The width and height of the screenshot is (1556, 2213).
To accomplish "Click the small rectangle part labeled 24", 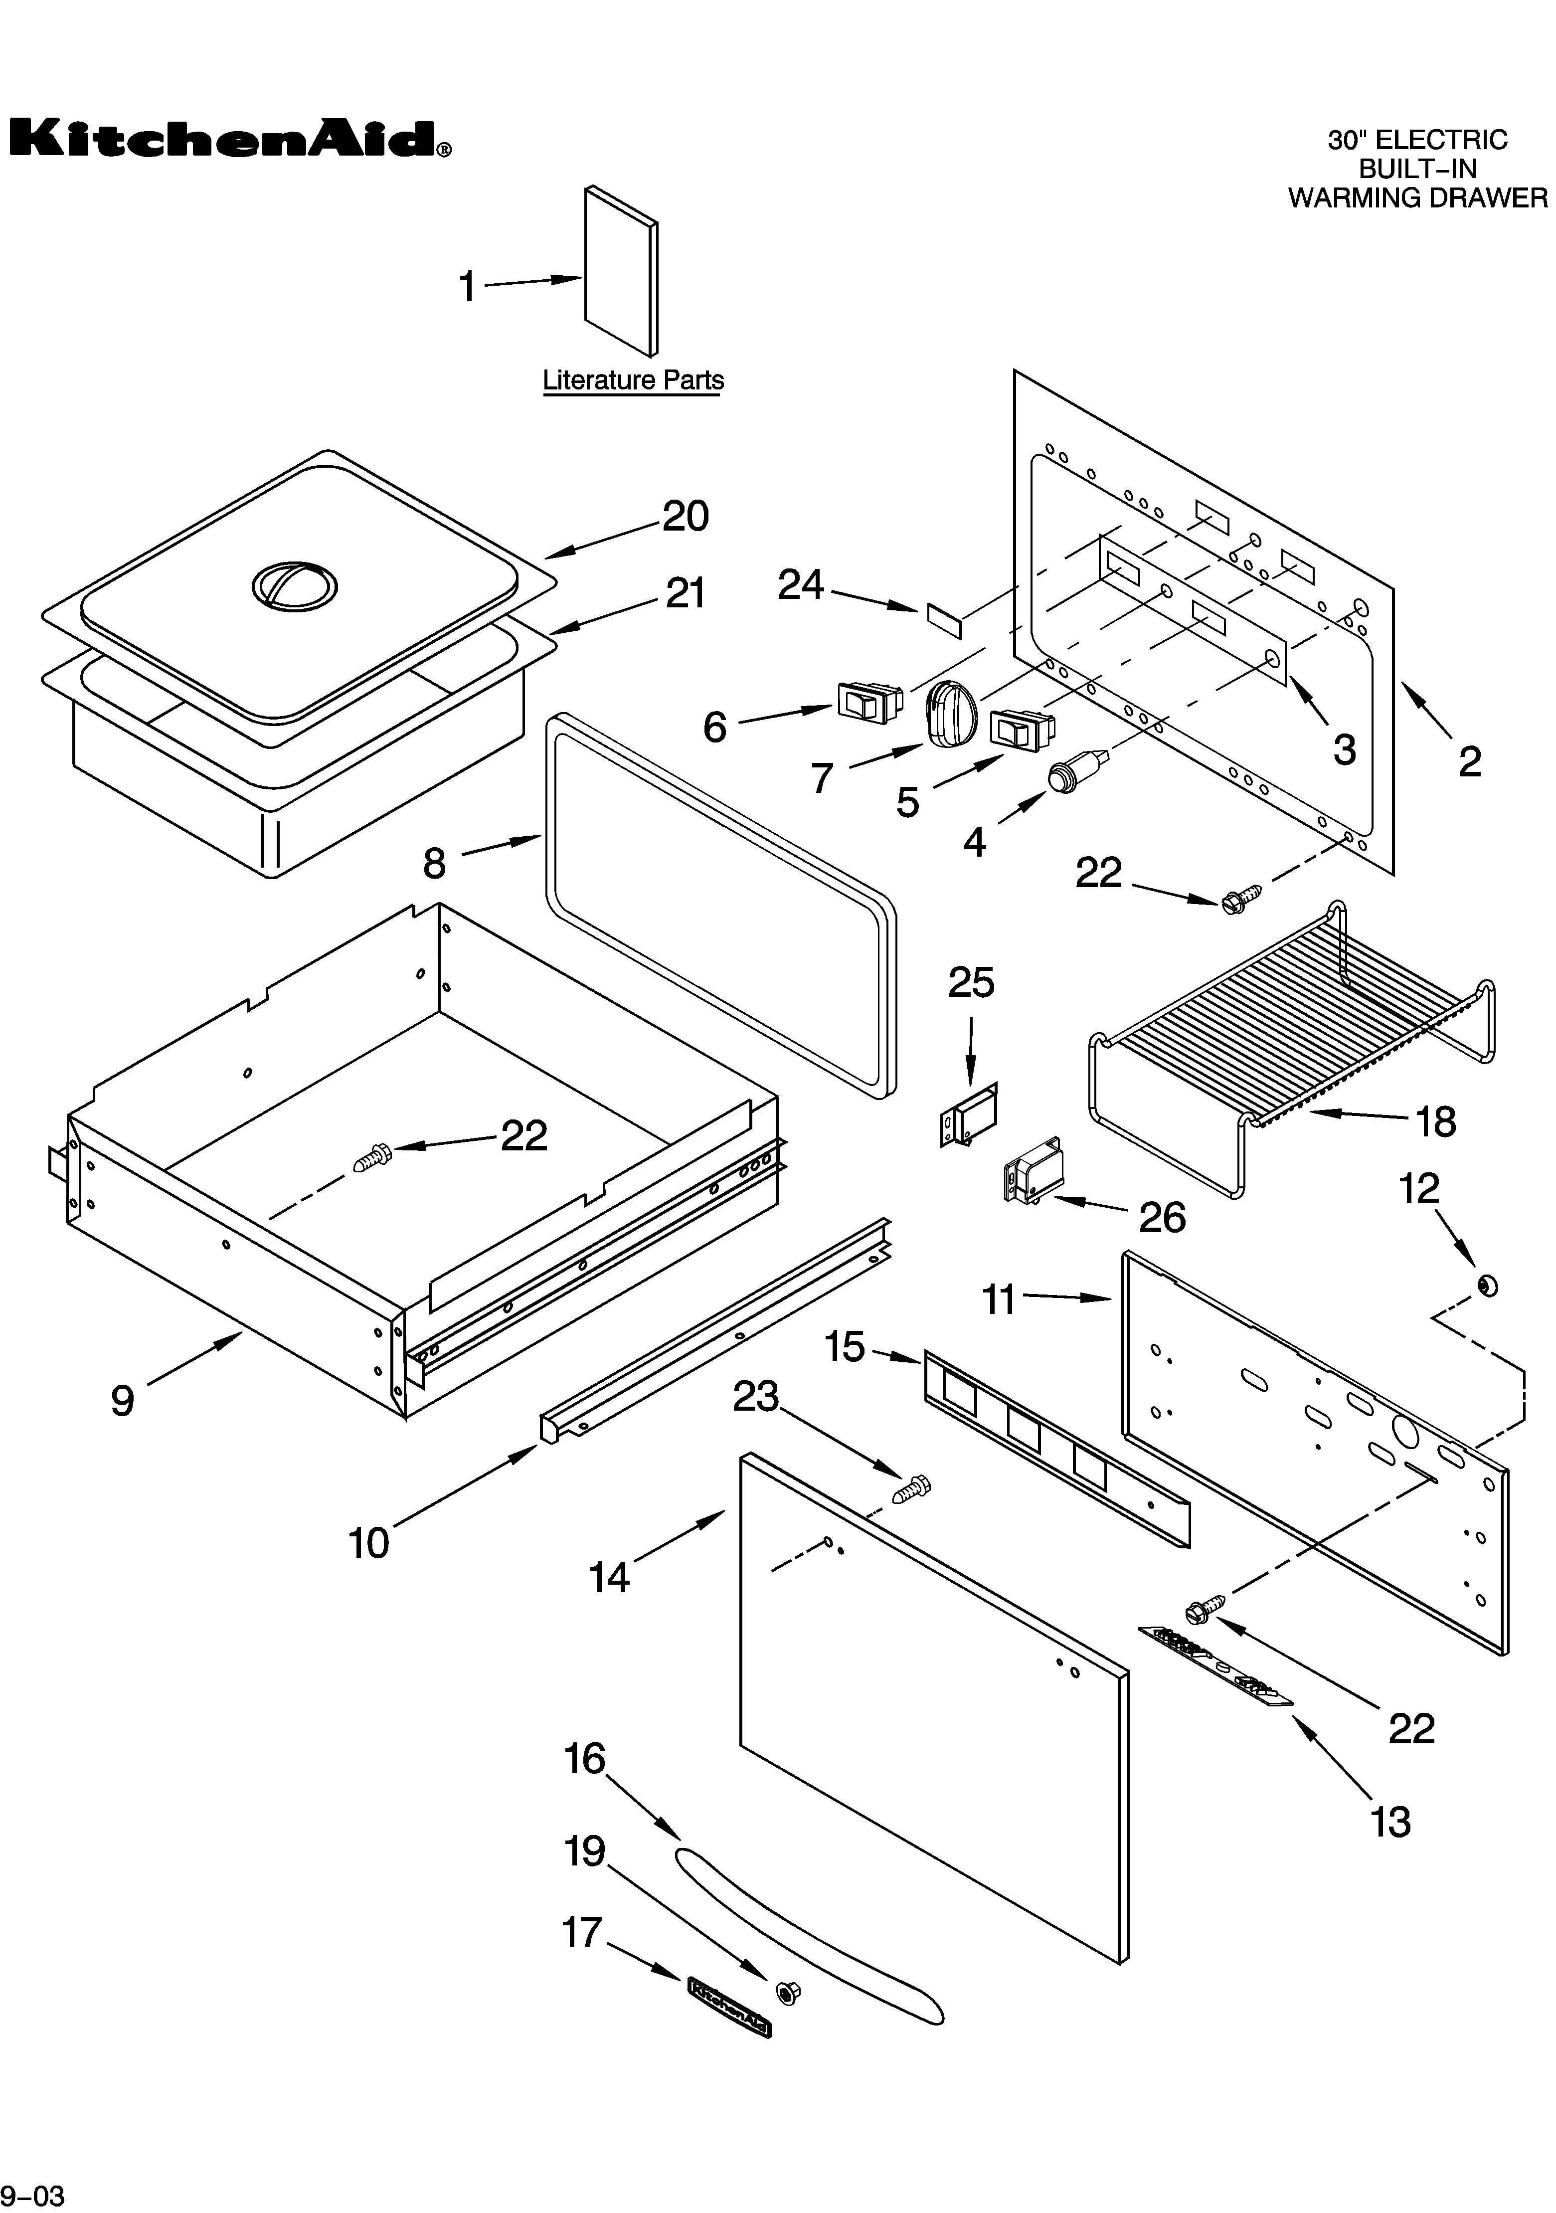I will click(x=944, y=622).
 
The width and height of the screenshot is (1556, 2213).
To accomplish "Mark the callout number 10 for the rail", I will click(x=369, y=1543).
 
